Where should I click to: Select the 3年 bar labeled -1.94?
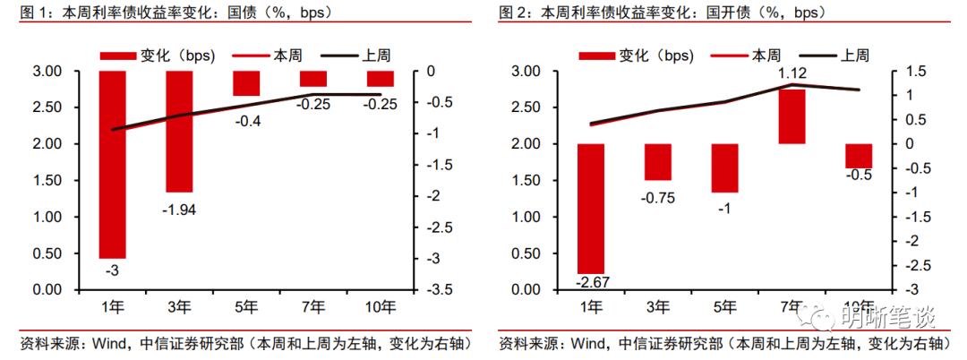pyautogui.click(x=179, y=132)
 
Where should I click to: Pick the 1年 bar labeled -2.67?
pyautogui.click(x=591, y=208)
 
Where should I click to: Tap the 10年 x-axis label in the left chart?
pyautogui.click(x=380, y=307)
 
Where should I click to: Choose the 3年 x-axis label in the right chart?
pyautogui.click(x=657, y=307)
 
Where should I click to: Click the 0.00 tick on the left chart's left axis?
pyautogui.click(x=47, y=290)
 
